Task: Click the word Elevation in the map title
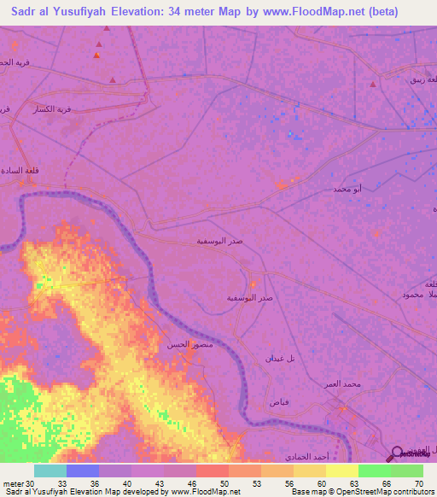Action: click(146, 12)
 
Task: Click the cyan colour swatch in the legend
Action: click(50, 471)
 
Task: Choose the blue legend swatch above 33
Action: click(82, 471)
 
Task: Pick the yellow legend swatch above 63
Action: click(341, 471)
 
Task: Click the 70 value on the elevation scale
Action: click(418, 483)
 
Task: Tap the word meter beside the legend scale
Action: click(12, 483)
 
